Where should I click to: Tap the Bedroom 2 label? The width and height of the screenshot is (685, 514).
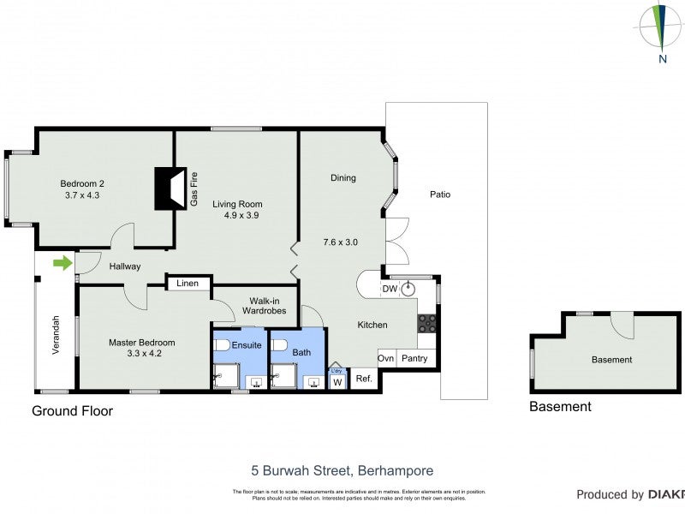pos(82,183)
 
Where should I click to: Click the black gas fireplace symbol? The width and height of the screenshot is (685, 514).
pos(169,188)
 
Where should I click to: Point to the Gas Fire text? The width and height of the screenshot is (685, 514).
pos(194,189)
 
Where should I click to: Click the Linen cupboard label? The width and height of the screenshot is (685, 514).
pos(188,284)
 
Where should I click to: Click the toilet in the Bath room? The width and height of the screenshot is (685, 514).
pos(278,346)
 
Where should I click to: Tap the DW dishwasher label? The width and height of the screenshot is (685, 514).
pos(389,290)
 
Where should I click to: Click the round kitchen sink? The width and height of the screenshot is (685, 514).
pos(408,289)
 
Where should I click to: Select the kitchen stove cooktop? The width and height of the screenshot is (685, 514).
pos(426,324)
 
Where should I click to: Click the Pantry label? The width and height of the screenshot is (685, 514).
pos(414,359)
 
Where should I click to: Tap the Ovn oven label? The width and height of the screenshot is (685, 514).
pos(386,359)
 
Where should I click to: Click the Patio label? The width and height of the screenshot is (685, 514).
pos(440,194)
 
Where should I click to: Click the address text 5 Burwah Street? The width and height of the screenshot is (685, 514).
pos(342,470)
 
